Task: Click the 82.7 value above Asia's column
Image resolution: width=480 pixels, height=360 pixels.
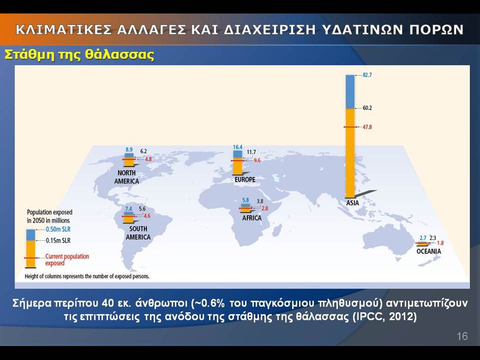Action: click(367, 75)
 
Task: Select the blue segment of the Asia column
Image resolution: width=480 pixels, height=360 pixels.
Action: click(350, 92)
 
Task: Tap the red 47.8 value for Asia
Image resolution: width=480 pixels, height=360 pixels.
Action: click(367, 127)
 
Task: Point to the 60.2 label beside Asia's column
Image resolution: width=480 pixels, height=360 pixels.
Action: click(367, 108)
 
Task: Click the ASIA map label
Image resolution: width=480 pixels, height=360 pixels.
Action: click(352, 203)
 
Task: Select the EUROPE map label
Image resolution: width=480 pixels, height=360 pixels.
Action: click(245, 179)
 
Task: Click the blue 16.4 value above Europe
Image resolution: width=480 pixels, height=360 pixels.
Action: click(237, 147)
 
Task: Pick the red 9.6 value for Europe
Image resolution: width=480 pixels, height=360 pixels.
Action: click(257, 160)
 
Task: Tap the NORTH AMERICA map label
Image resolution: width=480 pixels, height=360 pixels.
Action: click(126, 177)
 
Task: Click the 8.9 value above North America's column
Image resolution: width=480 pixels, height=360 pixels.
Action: click(129, 149)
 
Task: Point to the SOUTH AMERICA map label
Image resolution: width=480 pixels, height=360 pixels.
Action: click(138, 233)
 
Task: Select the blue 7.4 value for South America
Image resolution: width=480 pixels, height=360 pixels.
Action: click(128, 209)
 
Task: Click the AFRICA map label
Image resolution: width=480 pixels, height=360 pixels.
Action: click(251, 218)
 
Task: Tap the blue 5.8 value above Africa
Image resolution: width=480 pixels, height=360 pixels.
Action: click(245, 200)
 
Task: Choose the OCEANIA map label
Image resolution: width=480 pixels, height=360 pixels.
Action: click(428, 251)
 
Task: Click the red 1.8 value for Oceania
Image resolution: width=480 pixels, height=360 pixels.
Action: click(440, 243)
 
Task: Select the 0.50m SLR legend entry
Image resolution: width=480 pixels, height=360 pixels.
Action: click(58, 229)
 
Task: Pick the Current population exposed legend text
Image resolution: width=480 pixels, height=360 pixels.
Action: click(67, 259)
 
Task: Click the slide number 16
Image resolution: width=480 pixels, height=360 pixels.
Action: click(462, 336)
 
